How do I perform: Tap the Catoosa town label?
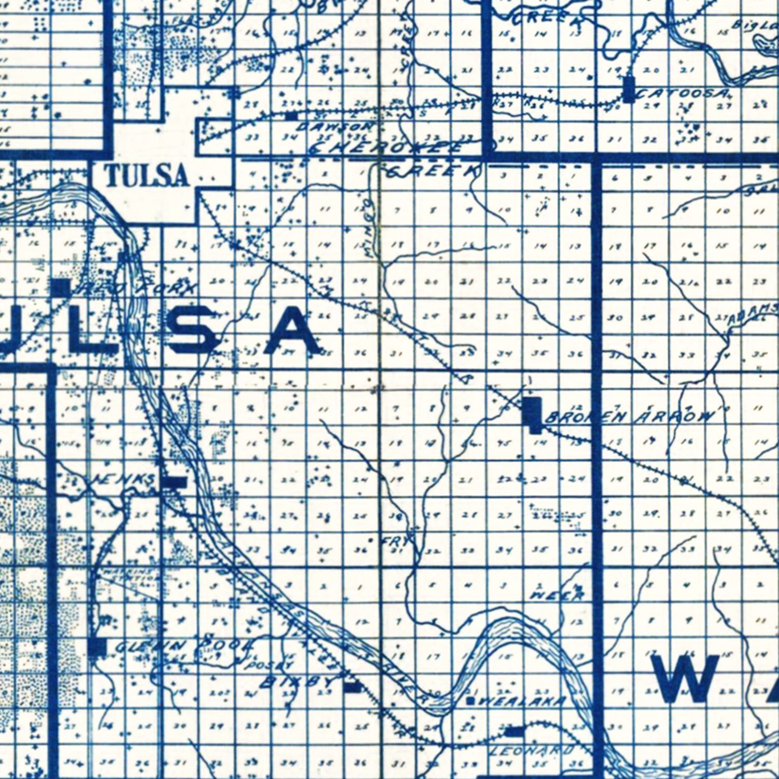(683, 94)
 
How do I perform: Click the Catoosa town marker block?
(629, 89)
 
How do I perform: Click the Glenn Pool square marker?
(98, 647)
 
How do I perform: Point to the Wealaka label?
(522, 702)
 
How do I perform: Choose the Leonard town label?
(532, 750)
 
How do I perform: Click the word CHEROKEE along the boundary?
(384, 148)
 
